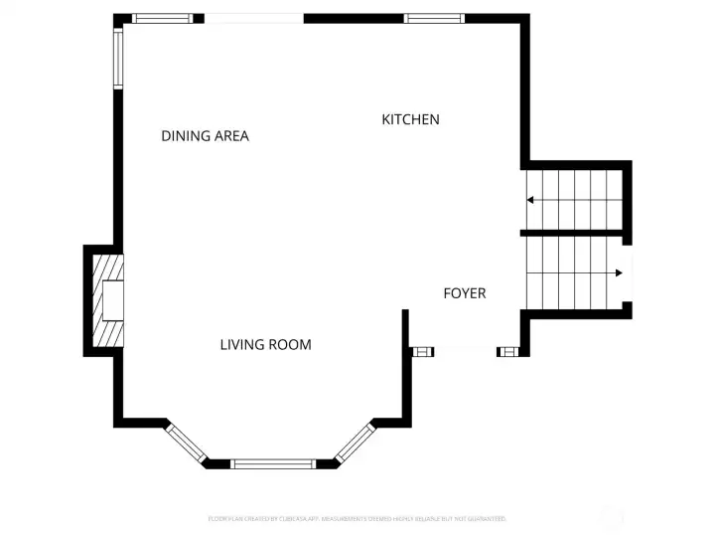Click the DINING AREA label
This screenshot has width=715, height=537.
coord(205,136)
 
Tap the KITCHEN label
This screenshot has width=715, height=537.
coord(410,119)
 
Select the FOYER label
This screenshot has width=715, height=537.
coord(464,293)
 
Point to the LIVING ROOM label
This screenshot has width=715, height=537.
coord(265,345)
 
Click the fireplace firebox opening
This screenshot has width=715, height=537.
coord(113,300)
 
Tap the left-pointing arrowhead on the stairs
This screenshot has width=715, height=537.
coord(530,200)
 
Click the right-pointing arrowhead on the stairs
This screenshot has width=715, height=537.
coord(618,272)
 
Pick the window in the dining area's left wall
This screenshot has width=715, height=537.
coord(117,59)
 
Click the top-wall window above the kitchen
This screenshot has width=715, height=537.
coord(434,18)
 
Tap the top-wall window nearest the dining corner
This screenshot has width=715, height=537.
coord(163,18)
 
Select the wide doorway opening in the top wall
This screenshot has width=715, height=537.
coord(254,18)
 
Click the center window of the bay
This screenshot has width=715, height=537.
coord(273,463)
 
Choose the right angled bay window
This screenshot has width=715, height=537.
coord(356,442)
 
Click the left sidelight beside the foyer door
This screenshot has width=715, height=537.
coord(422,351)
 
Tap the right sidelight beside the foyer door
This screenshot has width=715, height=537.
coord(507,351)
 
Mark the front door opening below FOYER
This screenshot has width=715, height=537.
coord(465,349)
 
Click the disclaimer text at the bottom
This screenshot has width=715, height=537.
coord(357,518)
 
